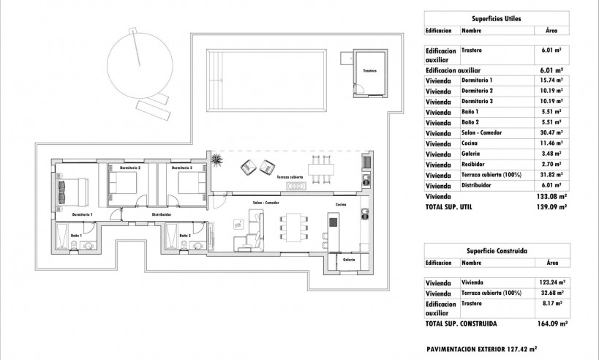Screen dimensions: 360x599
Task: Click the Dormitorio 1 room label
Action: [82, 214]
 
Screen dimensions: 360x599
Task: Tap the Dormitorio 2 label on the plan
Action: [129, 168]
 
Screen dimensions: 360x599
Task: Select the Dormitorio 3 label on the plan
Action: [182, 168]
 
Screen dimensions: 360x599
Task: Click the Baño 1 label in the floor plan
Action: [77, 235]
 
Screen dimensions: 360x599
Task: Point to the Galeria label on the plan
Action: [349, 258]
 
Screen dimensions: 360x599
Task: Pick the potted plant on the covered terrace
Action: [217, 159]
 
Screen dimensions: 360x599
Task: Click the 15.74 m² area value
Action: [551, 79]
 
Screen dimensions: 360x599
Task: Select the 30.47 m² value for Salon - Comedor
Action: [551, 132]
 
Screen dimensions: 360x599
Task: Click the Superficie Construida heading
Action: [497, 250]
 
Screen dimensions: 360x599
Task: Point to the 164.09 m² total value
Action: [552, 323]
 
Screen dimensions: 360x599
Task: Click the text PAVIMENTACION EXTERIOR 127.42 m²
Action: [481, 349]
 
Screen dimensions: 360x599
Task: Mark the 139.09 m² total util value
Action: [552, 208]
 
